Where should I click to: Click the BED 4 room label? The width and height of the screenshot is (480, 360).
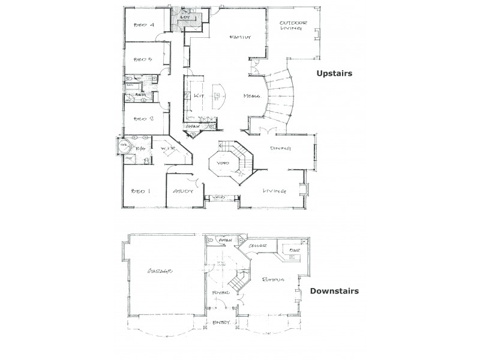point(144,25)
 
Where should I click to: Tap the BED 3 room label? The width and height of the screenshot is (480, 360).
point(143,59)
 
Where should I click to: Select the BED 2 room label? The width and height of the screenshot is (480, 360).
point(144,118)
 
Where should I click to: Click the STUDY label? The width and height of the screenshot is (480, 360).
point(182,191)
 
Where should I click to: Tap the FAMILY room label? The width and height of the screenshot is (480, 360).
point(239,37)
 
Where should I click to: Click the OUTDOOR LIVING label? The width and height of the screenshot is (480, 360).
point(294,27)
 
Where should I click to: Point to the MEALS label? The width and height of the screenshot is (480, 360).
point(251,96)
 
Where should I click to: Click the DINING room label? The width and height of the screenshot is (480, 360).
point(280,148)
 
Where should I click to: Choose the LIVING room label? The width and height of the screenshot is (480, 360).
point(274,191)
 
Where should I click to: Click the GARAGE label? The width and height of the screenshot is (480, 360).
point(160,271)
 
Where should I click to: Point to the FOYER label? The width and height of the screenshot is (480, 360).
point(221,293)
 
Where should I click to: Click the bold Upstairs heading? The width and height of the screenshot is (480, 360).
point(334,73)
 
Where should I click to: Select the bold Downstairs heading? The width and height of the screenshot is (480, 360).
point(334,292)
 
